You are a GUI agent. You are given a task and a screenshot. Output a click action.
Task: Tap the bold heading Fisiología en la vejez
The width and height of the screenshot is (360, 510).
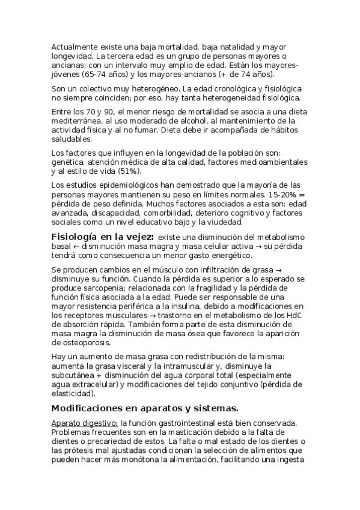(103, 237)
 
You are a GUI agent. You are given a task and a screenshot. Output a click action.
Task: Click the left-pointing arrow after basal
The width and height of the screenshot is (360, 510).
(76, 247)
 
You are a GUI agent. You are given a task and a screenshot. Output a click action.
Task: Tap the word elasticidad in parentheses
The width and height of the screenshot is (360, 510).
(73, 394)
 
